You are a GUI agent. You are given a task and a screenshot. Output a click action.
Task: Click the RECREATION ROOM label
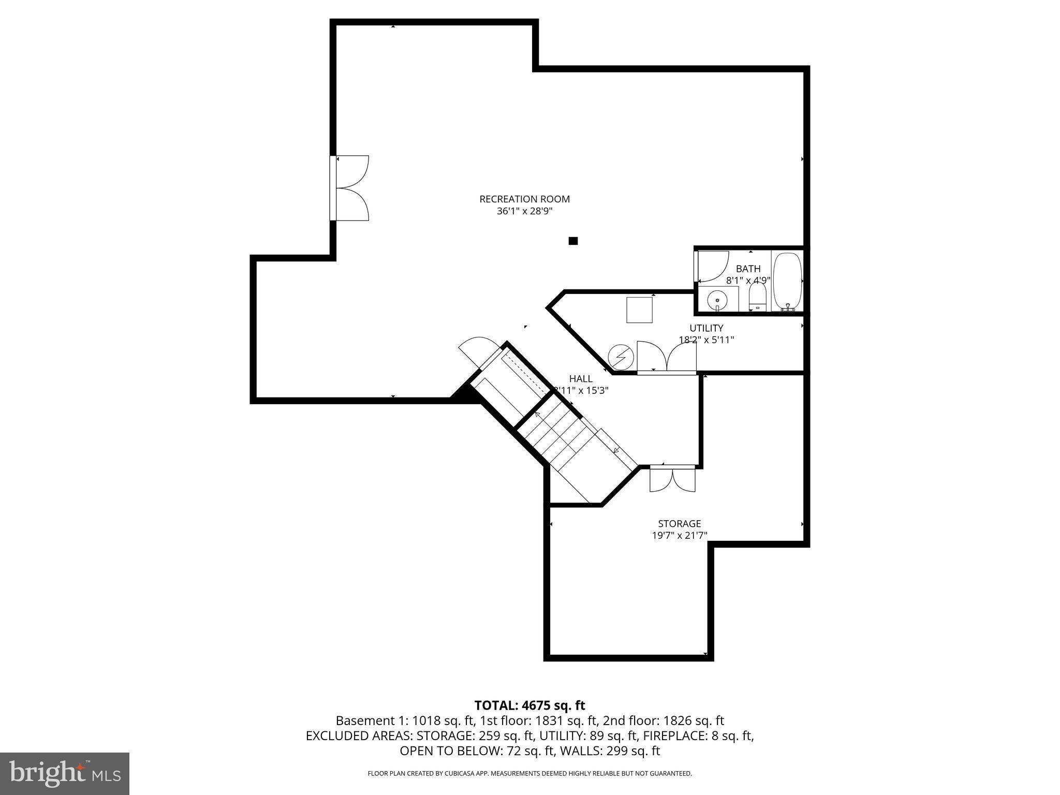(x=524, y=199)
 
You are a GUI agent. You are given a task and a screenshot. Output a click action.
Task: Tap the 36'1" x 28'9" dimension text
(x=524, y=211)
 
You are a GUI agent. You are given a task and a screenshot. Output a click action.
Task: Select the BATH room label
(x=748, y=269)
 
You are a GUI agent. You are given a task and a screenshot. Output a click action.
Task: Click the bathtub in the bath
(x=787, y=281)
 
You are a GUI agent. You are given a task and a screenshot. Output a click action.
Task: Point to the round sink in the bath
(x=717, y=299)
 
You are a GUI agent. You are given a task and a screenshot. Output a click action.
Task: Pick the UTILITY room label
(x=706, y=328)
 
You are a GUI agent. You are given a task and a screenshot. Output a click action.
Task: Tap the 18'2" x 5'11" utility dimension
(x=706, y=340)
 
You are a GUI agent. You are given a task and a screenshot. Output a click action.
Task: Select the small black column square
(x=573, y=241)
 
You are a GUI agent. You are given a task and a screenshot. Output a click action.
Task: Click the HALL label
(x=580, y=379)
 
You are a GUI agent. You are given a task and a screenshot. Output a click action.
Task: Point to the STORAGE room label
(x=679, y=524)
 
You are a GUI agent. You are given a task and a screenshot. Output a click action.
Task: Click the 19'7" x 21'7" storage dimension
(x=679, y=536)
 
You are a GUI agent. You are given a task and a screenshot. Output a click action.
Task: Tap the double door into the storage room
(x=672, y=479)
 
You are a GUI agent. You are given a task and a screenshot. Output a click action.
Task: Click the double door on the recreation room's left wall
(x=351, y=188)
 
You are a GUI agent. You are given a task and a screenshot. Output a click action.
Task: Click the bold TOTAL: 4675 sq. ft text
(x=529, y=705)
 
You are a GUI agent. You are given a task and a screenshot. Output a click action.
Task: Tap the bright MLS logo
(x=65, y=773)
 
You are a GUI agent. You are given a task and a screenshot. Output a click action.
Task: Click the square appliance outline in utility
(x=639, y=310)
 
